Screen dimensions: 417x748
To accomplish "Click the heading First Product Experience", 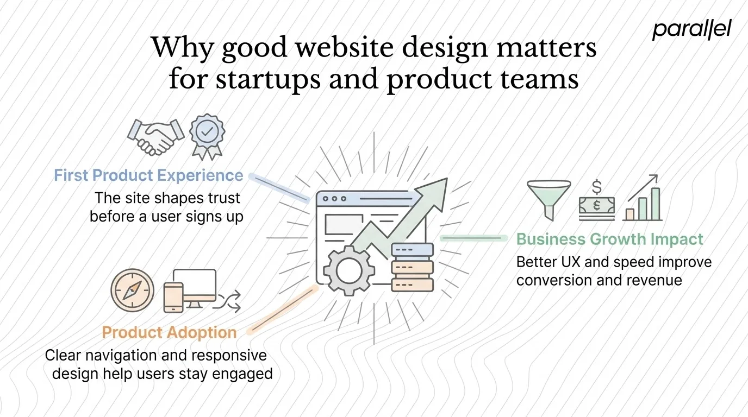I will point(148,175).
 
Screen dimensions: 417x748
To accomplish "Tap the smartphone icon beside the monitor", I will point(173,298).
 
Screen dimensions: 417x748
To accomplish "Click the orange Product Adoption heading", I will point(169,332).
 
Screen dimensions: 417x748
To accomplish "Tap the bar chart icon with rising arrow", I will point(643,199).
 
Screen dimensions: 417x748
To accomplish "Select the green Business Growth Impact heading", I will point(609,239).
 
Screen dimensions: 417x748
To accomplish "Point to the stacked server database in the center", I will point(412,268).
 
